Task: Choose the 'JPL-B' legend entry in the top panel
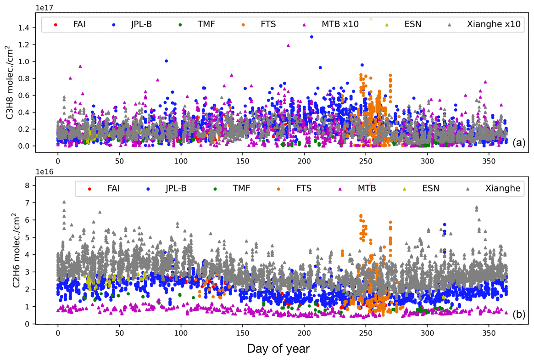pos(141,24)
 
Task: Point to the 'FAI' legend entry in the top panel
pos(81,24)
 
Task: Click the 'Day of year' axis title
pos(278,348)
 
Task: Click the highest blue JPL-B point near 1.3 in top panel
pos(311,37)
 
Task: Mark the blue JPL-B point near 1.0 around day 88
pos(166,61)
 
